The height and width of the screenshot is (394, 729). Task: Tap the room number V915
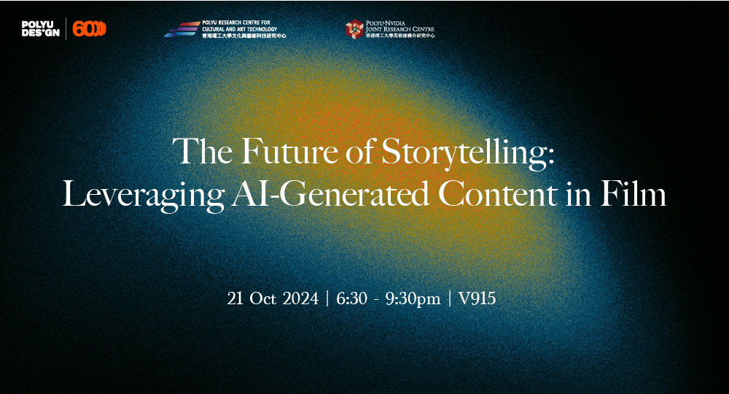point(477,298)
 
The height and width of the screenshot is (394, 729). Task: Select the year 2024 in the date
point(299,298)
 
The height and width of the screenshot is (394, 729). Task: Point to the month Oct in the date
point(260,298)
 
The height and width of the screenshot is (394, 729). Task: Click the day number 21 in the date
point(235,298)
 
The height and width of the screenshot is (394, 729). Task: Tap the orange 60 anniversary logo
point(90,29)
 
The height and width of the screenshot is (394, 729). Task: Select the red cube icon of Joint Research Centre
point(354,29)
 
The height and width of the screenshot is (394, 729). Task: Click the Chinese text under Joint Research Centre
point(400,35)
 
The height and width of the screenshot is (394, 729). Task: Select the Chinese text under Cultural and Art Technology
point(244,35)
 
